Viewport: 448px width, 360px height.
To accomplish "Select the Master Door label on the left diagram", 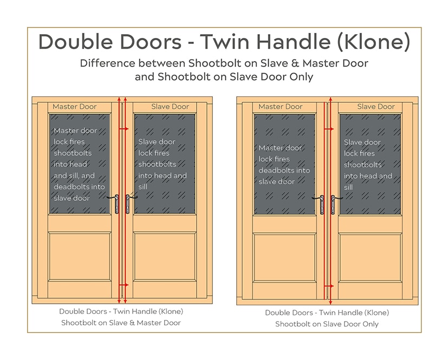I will tap(74, 107).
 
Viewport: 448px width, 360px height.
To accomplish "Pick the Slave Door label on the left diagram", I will tap(170, 107).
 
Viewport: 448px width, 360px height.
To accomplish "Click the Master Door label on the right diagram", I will tap(280, 107).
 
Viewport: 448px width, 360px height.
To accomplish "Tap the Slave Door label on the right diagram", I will tap(376, 107).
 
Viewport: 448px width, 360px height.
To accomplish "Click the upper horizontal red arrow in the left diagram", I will tap(125, 129).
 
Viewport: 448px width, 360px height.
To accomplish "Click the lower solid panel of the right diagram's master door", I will tap(284, 257).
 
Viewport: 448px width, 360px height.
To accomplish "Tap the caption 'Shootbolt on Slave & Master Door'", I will tap(121, 323).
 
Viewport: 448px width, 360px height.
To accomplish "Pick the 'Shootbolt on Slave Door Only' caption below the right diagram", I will tap(327, 324).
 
